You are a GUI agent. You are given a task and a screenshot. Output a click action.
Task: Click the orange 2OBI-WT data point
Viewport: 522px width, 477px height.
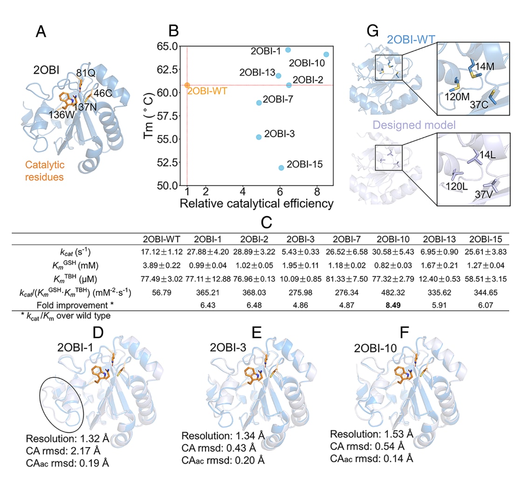187,85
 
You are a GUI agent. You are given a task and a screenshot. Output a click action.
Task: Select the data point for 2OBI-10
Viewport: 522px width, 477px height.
326,55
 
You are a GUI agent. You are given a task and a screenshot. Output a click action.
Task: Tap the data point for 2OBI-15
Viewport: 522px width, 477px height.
281,168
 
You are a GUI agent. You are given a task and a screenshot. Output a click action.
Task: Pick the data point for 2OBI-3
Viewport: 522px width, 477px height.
259,137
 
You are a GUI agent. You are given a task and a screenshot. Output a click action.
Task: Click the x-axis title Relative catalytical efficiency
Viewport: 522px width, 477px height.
256,204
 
